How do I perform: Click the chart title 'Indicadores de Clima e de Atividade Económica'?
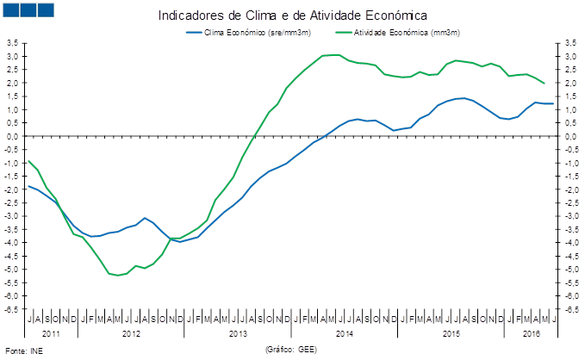coord(293,16)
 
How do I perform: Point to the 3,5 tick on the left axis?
coord(13,42)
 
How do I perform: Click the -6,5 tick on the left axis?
coord(12,308)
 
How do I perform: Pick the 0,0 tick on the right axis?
coord(571,136)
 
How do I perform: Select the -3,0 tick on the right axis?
coord(572,215)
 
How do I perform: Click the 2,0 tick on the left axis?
coord(13,83)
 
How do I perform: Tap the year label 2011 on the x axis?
coord(50,332)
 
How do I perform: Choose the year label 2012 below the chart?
coord(131,332)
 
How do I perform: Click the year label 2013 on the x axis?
coord(239,332)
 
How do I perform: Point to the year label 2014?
coord(345,332)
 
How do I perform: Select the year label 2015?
coord(451,332)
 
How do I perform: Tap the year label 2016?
coord(532,332)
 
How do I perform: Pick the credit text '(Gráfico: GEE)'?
coord(291,350)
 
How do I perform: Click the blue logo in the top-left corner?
coord(28,9)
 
